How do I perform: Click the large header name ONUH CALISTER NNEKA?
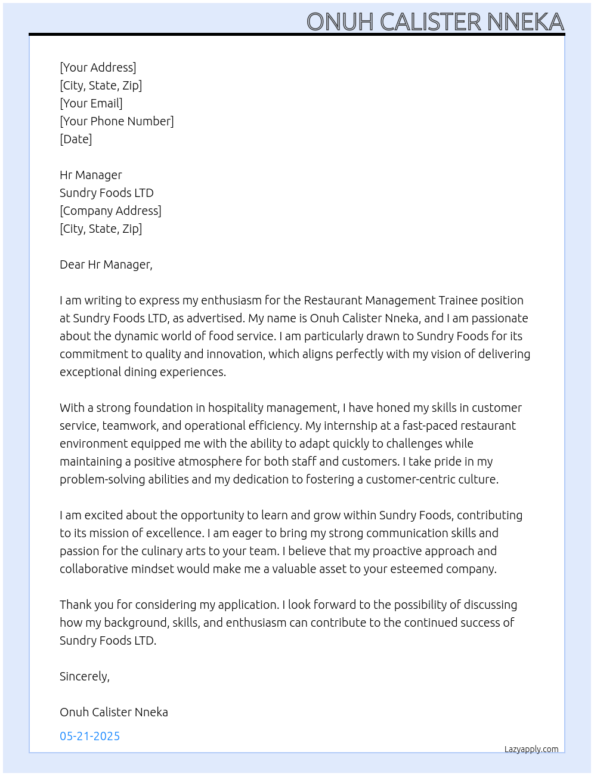tap(435, 21)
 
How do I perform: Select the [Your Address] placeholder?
tap(98, 67)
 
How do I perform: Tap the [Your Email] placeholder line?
tap(91, 103)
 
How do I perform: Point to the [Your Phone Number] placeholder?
tap(117, 121)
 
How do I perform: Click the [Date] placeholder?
tap(76, 139)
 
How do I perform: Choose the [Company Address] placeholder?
tap(110, 211)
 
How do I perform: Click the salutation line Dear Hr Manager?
tap(106, 264)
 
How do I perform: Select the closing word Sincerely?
tap(85, 676)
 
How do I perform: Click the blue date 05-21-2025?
tap(90, 736)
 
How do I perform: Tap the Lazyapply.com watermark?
tap(531, 749)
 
